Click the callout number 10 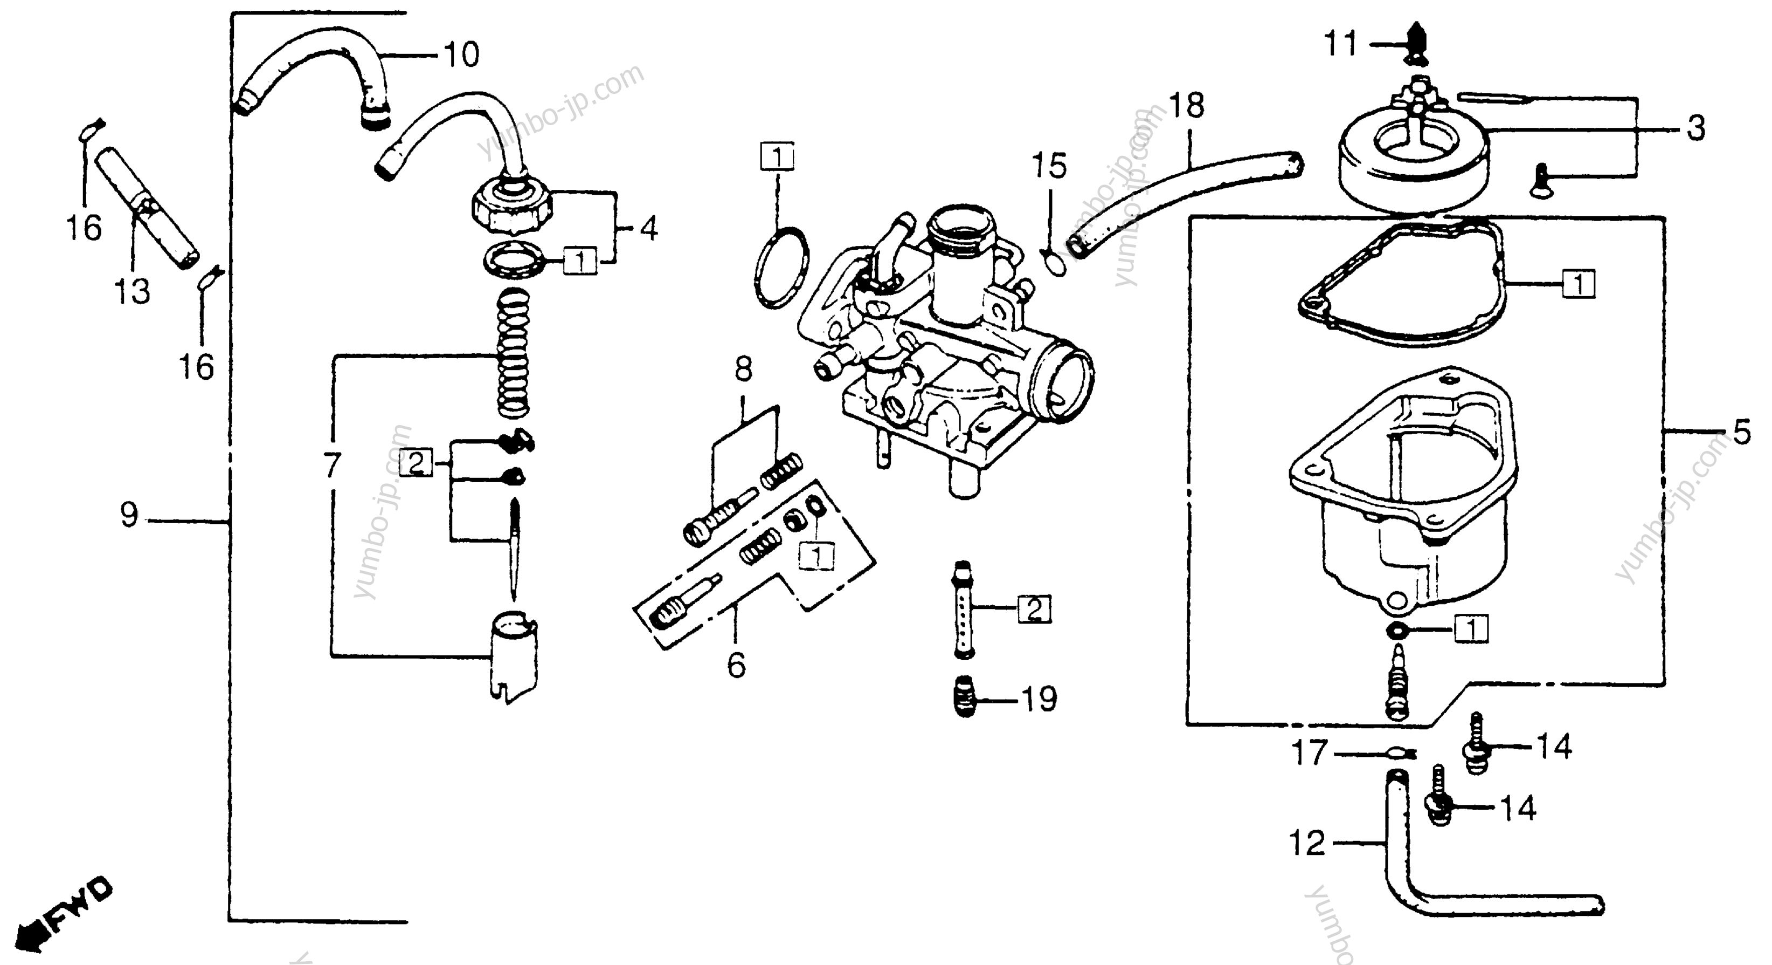click(461, 54)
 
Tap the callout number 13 click(132, 292)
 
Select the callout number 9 click(129, 515)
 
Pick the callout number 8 click(744, 369)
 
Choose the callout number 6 click(737, 666)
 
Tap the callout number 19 click(1039, 699)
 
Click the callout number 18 click(1187, 106)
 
